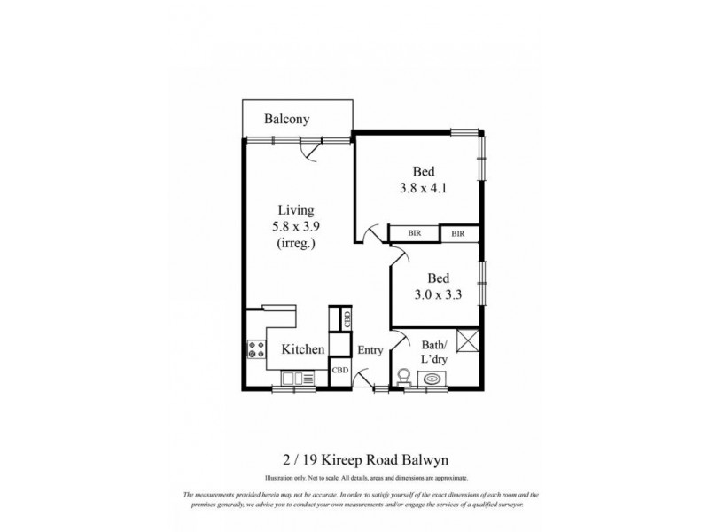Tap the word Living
tap(297, 210)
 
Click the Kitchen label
tap(303, 350)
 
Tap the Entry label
tap(370, 350)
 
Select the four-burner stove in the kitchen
tap(257, 349)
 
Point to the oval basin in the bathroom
tap(432, 379)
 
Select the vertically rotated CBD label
tap(347, 318)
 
